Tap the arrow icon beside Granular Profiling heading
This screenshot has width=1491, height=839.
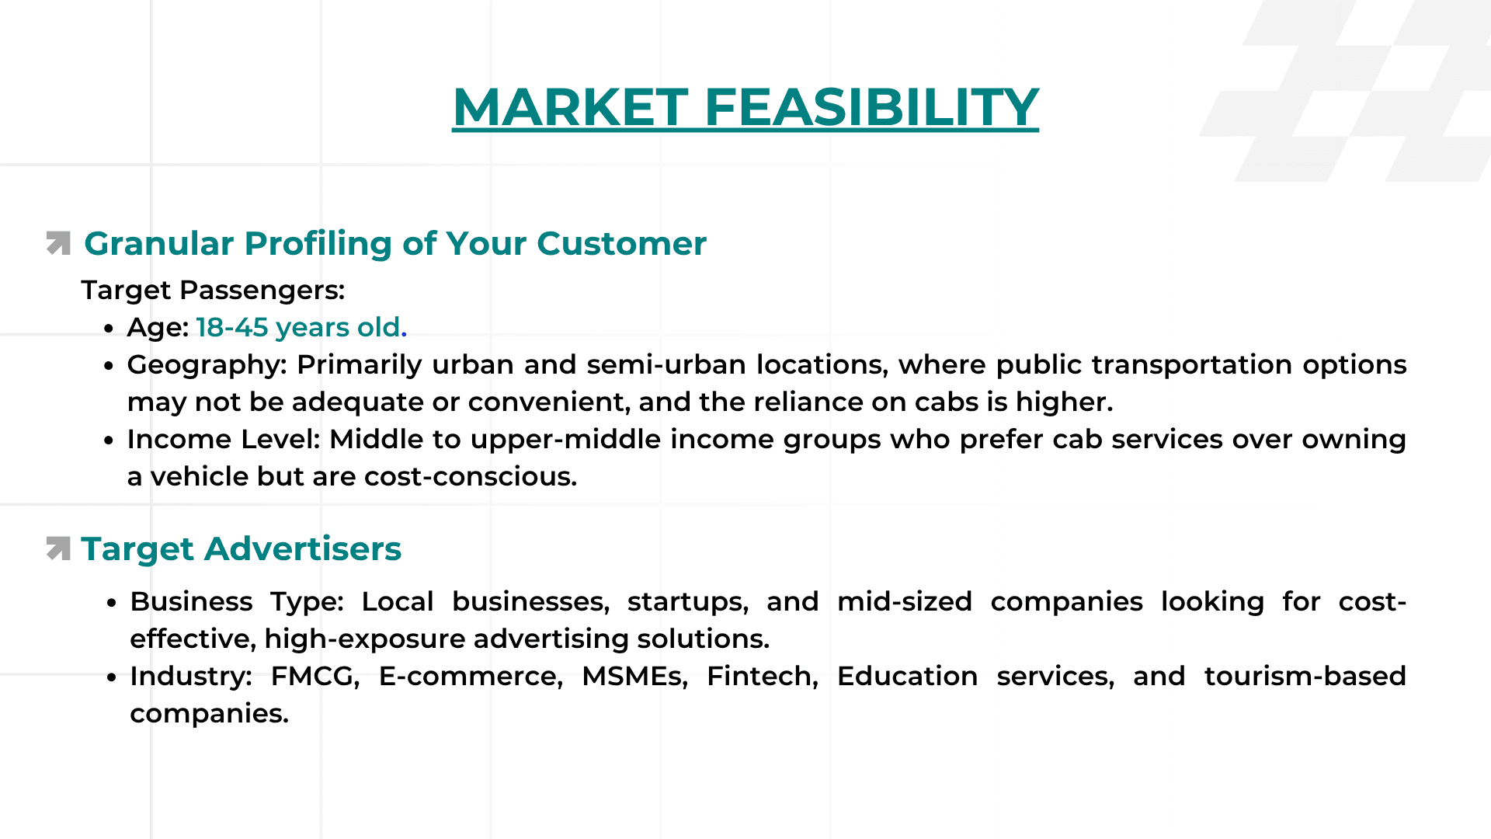(58, 243)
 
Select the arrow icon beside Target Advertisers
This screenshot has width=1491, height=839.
(58, 548)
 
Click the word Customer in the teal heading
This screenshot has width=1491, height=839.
(621, 243)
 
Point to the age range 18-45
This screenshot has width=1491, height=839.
(232, 327)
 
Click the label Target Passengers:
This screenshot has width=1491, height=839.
(213, 290)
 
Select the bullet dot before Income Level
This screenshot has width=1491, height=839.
(109, 440)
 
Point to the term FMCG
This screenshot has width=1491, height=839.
(315, 676)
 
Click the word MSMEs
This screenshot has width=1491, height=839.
(634, 676)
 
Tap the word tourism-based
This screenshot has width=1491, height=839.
(1305, 676)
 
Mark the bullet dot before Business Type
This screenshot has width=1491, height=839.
(112, 603)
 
